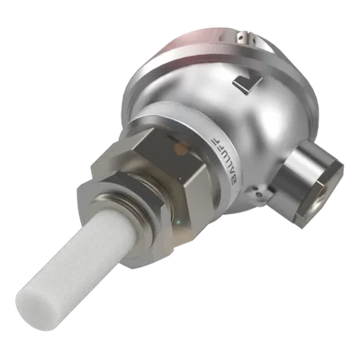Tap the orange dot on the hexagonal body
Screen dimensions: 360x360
pyautogui.click(x=181, y=148)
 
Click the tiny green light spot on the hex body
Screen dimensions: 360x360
pyautogui.click(x=179, y=222)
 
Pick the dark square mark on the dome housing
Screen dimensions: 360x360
pyautogui.click(x=247, y=85)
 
